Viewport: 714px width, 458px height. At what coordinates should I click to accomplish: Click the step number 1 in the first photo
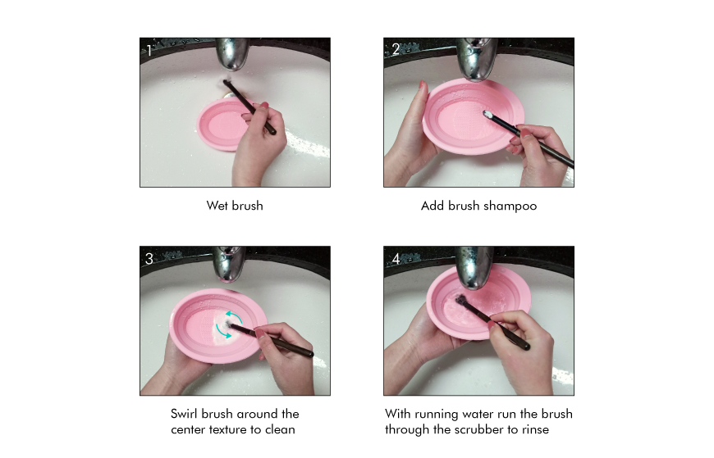[149, 50]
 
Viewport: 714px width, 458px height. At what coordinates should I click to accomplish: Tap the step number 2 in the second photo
[396, 49]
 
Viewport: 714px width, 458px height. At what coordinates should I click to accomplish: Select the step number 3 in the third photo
[149, 259]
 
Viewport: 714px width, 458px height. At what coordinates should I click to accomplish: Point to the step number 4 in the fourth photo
[396, 259]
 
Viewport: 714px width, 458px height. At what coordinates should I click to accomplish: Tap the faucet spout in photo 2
[477, 59]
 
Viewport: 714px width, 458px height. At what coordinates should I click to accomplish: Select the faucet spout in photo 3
[229, 264]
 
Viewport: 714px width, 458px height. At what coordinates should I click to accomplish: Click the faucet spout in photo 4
[474, 267]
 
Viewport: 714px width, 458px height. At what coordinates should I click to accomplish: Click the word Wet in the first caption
[217, 206]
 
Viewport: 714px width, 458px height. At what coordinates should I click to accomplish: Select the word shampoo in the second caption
[510, 206]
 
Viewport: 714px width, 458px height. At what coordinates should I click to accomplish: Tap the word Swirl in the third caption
[184, 414]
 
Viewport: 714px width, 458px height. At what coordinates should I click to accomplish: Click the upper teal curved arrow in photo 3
[234, 316]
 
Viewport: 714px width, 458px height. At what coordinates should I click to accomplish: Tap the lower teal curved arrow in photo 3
[222, 332]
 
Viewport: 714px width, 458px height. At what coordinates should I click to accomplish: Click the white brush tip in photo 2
[487, 114]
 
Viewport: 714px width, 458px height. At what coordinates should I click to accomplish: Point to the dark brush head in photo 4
[462, 300]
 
